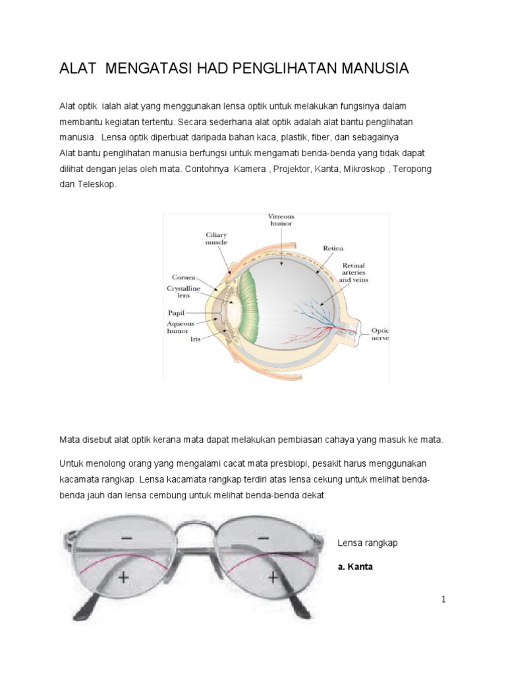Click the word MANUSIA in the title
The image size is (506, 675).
coord(370,69)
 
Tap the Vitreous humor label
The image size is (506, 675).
coord(281,220)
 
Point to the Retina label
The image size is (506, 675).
coord(333,249)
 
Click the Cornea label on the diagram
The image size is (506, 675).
coord(183,277)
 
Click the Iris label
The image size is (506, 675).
coord(196,338)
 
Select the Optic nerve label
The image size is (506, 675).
coord(380,334)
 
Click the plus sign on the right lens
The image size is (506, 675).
coord(272,577)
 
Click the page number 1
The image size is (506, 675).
coord(443,599)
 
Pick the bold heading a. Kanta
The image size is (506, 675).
coord(355,566)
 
